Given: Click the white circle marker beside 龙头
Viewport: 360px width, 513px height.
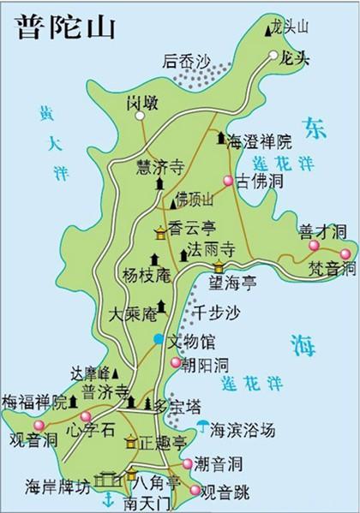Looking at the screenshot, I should tap(273, 56).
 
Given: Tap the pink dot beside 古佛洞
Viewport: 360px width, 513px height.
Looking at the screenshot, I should tap(228, 181).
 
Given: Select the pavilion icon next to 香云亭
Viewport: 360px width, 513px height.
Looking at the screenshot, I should tap(160, 232).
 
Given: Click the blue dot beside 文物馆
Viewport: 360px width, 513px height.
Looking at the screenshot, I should tap(157, 341).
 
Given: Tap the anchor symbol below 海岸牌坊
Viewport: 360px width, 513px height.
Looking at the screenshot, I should tap(107, 499).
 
